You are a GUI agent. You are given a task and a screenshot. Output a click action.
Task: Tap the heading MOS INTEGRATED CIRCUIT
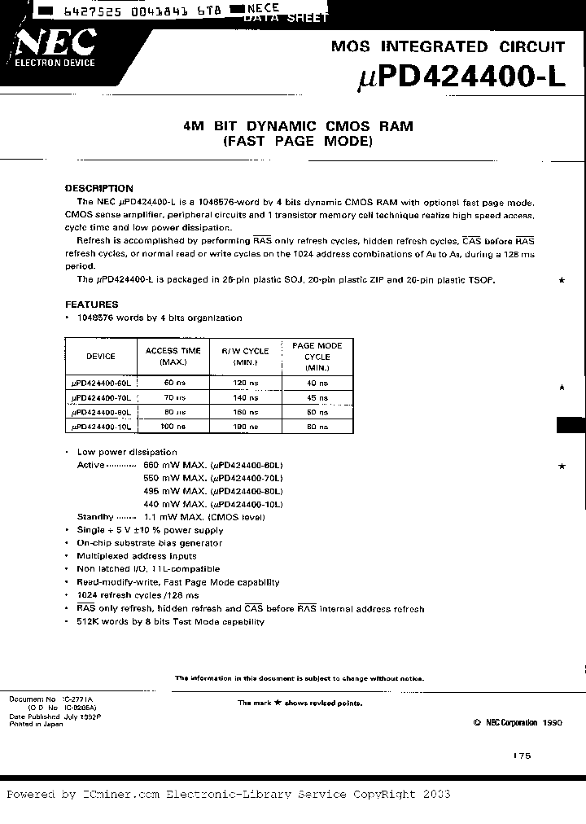click(x=448, y=46)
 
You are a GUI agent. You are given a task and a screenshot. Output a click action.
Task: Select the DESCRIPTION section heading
click(x=98, y=188)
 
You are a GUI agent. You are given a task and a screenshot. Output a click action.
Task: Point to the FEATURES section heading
click(x=92, y=305)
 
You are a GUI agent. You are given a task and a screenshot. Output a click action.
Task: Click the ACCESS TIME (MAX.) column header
click(x=173, y=356)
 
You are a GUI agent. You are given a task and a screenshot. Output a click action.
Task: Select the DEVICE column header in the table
click(x=101, y=356)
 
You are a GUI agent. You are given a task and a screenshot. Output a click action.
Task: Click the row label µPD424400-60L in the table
click(x=101, y=383)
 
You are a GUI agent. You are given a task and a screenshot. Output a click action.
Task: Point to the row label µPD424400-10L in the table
click(x=101, y=427)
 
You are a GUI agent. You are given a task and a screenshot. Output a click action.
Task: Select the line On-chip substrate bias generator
click(x=149, y=543)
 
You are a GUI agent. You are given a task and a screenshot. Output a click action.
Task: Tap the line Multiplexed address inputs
click(x=137, y=556)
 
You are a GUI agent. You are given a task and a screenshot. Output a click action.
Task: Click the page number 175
click(x=522, y=756)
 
